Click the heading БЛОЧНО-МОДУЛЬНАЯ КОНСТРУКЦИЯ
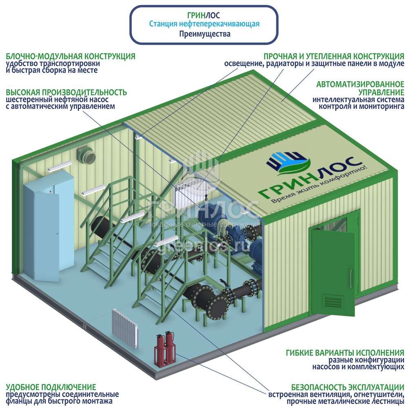[x=70, y=56]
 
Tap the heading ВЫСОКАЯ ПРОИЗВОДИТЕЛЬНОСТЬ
[x=66, y=92]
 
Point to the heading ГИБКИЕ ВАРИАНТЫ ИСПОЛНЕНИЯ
[x=345, y=352]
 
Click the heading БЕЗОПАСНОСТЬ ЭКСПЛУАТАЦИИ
[x=348, y=387]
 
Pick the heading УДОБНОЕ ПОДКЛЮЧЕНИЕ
[x=51, y=387]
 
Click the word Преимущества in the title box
[x=204, y=34]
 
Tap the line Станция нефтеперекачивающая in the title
[x=204, y=24]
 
